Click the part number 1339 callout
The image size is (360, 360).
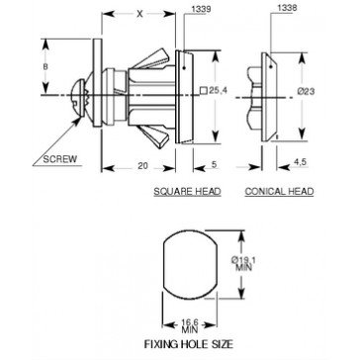click(201, 10)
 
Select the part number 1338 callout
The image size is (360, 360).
click(288, 9)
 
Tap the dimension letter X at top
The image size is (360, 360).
click(140, 14)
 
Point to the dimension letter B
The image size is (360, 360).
click(45, 66)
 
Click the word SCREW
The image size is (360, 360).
click(60, 159)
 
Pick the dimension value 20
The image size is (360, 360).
click(142, 166)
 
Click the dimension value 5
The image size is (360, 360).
click(214, 165)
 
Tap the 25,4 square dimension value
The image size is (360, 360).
click(219, 91)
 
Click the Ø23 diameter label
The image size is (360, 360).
click(306, 91)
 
